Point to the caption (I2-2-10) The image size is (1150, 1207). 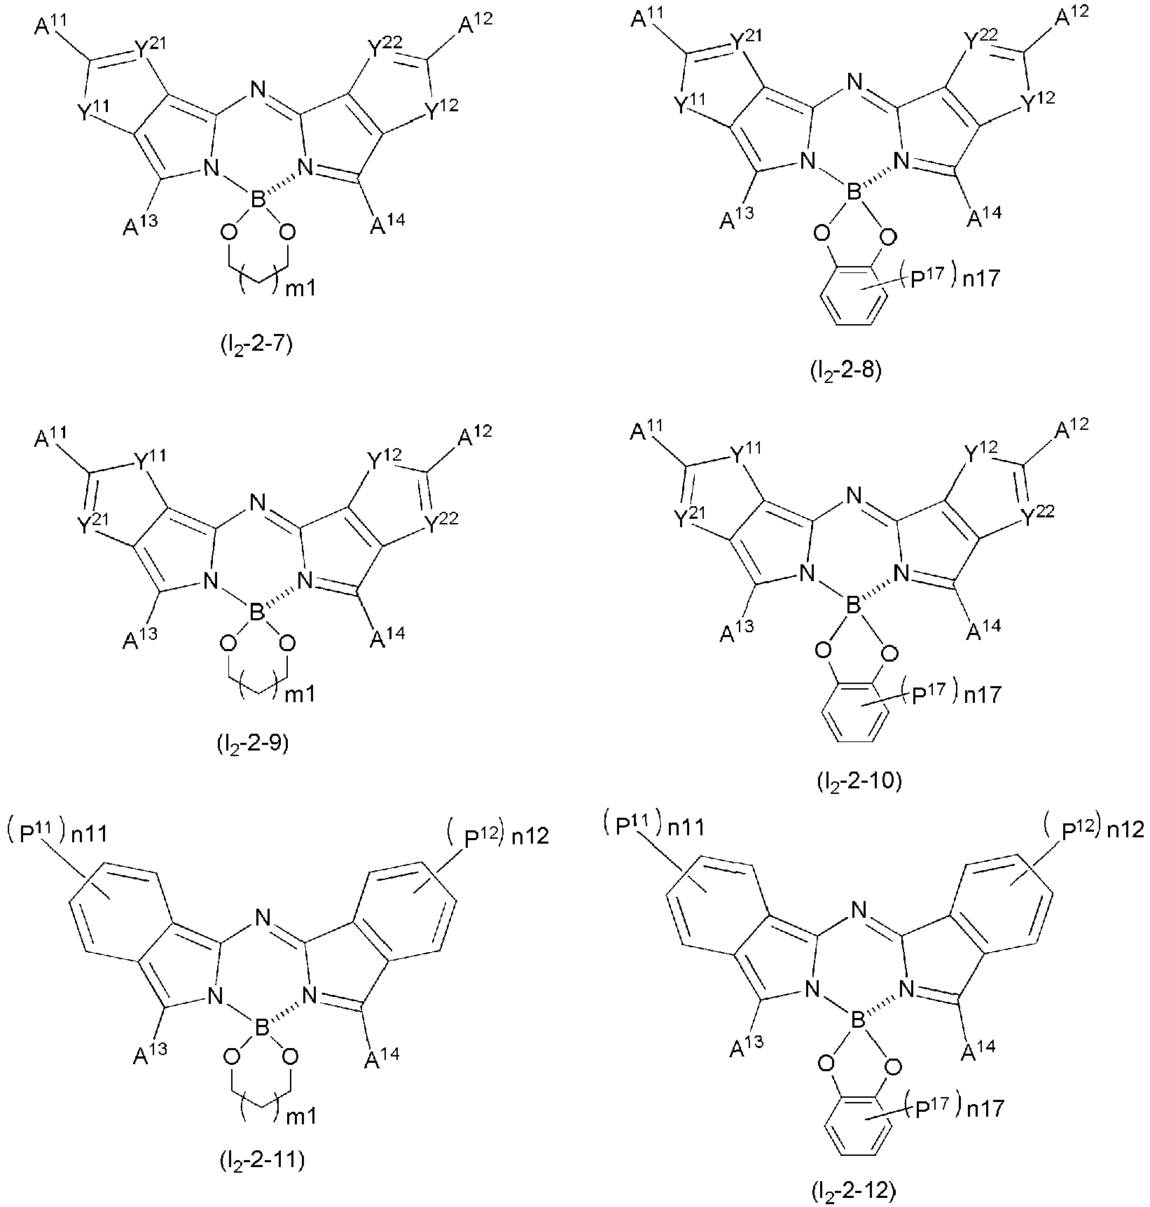point(855,780)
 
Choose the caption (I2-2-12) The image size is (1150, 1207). point(852,1189)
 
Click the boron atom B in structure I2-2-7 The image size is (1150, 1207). point(258,202)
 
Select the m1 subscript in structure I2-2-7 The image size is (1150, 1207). point(300,287)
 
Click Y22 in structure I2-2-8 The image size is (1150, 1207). point(980,42)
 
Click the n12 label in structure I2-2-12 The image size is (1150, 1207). point(1125,830)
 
